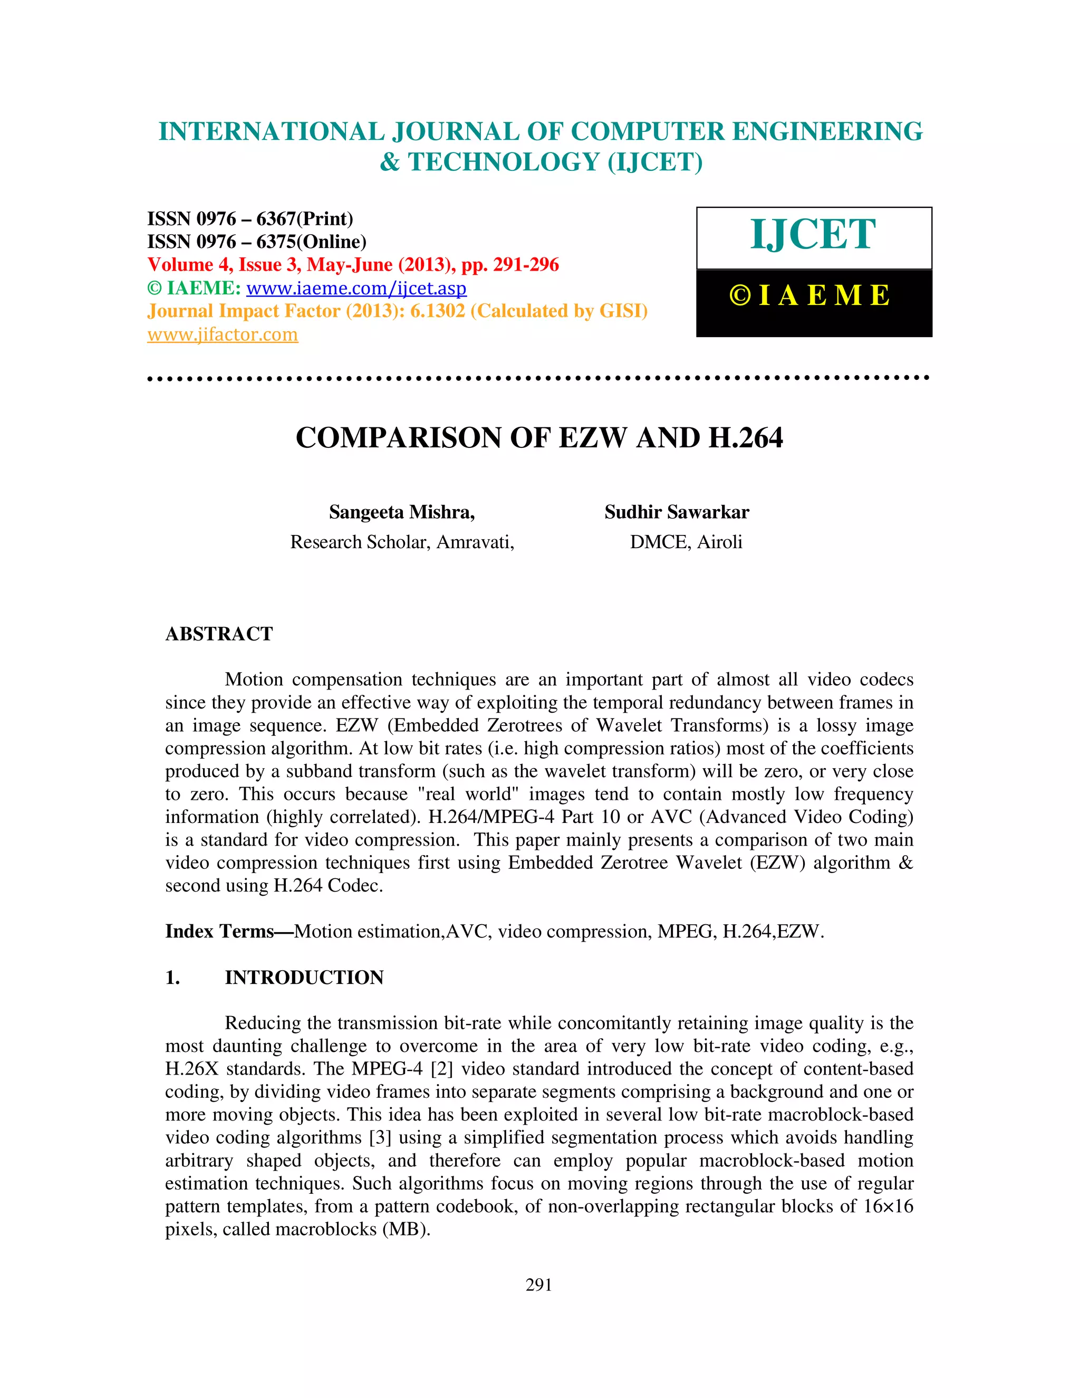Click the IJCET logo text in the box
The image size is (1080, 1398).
[813, 234]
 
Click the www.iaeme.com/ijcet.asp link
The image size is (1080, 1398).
[356, 289]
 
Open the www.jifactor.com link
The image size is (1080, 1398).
[223, 335]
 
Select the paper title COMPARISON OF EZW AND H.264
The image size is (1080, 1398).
[539, 438]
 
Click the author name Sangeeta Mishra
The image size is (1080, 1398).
[401, 512]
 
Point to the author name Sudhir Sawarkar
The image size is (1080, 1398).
[676, 512]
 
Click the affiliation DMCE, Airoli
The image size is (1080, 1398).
[686, 542]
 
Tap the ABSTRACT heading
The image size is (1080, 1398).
[219, 634]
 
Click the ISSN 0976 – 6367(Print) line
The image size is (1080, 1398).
[250, 219]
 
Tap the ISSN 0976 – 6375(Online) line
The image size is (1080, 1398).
[257, 242]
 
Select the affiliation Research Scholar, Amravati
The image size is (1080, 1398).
[402, 542]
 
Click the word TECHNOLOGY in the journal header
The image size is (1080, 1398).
[504, 162]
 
